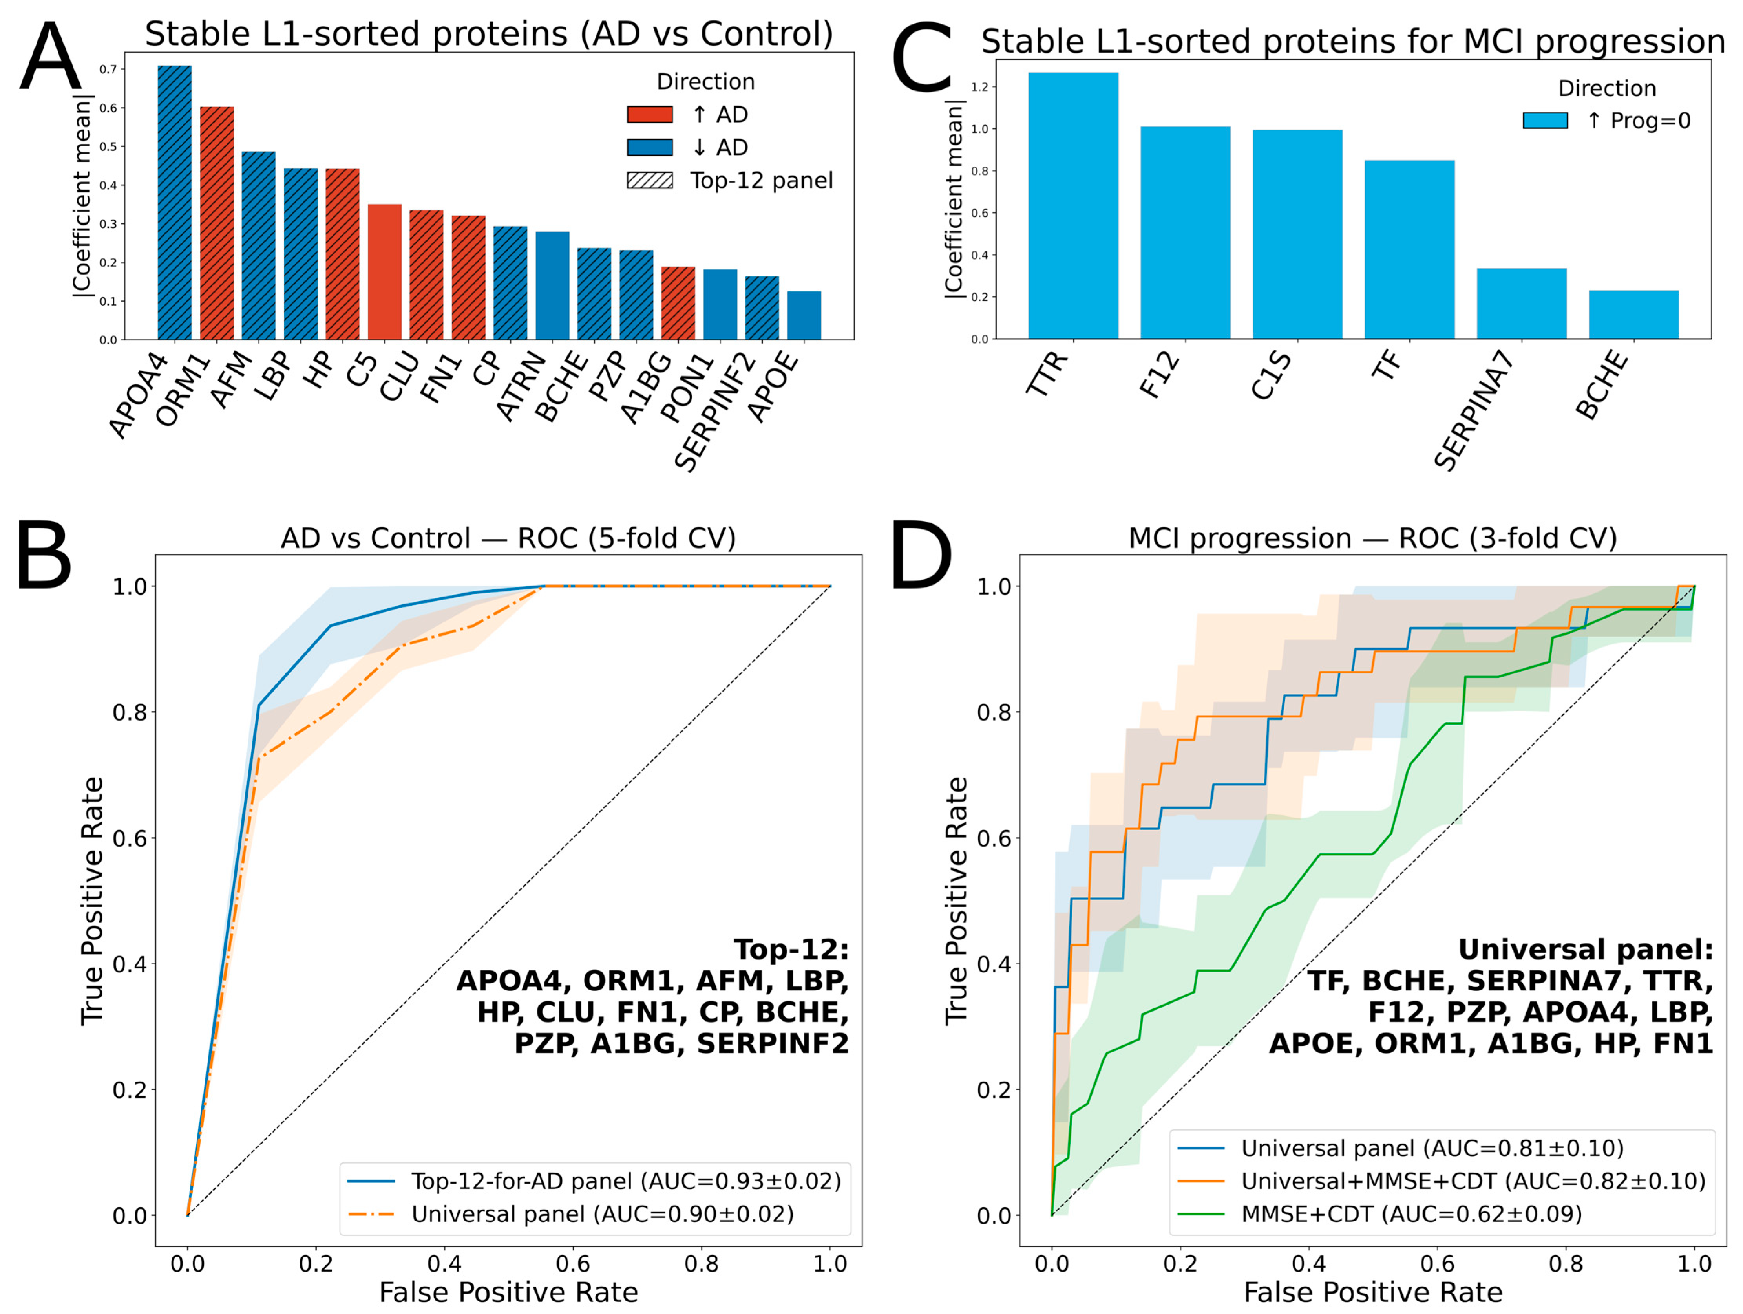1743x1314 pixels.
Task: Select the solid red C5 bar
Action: (x=385, y=272)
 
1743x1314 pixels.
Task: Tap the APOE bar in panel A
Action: (x=804, y=315)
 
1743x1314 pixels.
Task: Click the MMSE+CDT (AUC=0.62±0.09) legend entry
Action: (x=1410, y=1214)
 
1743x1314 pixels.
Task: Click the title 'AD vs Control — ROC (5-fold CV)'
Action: (x=508, y=538)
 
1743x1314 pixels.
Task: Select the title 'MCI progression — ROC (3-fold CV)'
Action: (x=1373, y=538)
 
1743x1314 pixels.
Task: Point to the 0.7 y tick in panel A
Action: (x=108, y=70)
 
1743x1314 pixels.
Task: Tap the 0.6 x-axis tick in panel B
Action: (x=573, y=1264)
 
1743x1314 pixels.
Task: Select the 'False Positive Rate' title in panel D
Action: (x=1373, y=1293)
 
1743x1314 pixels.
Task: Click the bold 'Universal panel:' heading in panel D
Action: (x=1586, y=949)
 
